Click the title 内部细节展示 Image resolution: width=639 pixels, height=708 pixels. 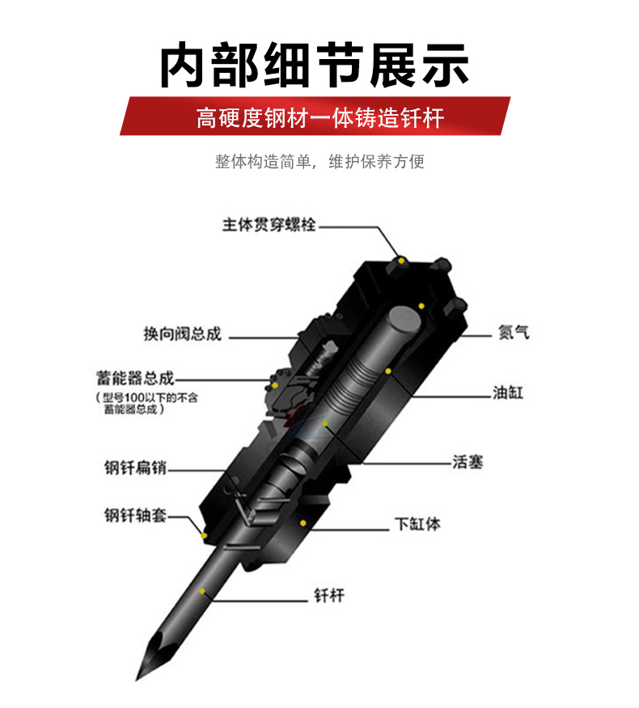tap(315, 65)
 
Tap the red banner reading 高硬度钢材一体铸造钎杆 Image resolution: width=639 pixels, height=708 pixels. tap(315, 116)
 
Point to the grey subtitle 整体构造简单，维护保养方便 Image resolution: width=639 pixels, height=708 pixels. tap(319, 161)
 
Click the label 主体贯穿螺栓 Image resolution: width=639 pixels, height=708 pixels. tap(269, 224)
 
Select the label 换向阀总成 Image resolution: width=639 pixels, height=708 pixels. tap(183, 333)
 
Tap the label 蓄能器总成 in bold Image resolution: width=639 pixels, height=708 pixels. tap(135, 378)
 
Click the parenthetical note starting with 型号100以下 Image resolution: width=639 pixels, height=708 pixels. tap(146, 403)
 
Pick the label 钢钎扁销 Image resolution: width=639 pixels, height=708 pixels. tap(135, 468)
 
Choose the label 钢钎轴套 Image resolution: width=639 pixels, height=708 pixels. tap(135, 515)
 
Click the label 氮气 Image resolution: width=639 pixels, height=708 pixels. tap(514, 333)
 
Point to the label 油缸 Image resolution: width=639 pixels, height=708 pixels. tap(508, 392)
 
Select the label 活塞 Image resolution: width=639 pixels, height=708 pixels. tap(468, 462)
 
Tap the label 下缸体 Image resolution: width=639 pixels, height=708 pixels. tap(417, 524)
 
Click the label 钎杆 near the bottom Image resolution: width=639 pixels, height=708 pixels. tap(329, 596)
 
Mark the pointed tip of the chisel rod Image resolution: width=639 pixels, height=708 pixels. tap(137, 680)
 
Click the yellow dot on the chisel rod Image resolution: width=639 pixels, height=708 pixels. tap(202, 591)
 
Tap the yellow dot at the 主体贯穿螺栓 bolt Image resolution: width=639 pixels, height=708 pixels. tap(400, 261)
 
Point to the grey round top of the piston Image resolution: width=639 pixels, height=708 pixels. tap(404, 320)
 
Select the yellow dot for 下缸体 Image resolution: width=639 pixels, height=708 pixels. tap(303, 523)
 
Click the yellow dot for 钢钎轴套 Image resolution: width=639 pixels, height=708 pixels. tap(204, 536)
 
